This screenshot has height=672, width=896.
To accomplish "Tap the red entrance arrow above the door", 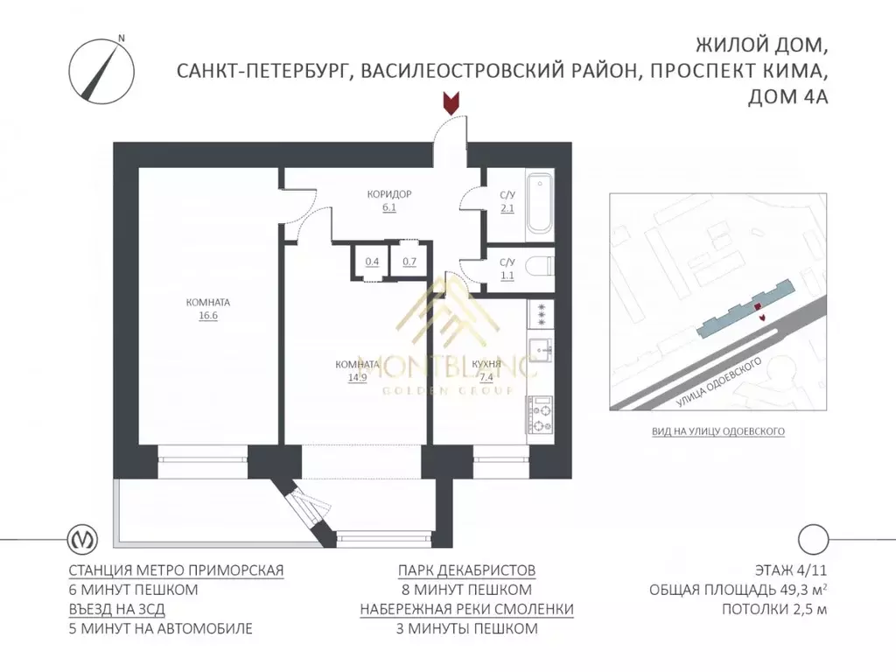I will click(x=451, y=104).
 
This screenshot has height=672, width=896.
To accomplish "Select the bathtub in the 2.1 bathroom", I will click(x=540, y=204).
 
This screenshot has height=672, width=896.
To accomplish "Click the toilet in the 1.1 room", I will click(x=542, y=267).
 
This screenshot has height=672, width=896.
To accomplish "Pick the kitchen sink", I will click(x=541, y=348).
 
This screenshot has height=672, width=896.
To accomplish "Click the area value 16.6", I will click(x=207, y=317).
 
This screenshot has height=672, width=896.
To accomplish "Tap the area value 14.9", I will click(x=357, y=378).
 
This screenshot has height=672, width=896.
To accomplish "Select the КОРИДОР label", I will click(x=389, y=194).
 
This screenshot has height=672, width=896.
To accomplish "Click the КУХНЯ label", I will click(x=486, y=365).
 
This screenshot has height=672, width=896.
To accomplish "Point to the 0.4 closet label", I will click(x=372, y=262).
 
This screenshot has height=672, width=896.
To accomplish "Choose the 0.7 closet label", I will click(x=409, y=262).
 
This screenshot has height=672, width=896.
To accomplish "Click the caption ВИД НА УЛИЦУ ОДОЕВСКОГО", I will click(x=717, y=431).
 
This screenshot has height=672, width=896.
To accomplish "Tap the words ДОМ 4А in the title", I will click(x=787, y=98).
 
